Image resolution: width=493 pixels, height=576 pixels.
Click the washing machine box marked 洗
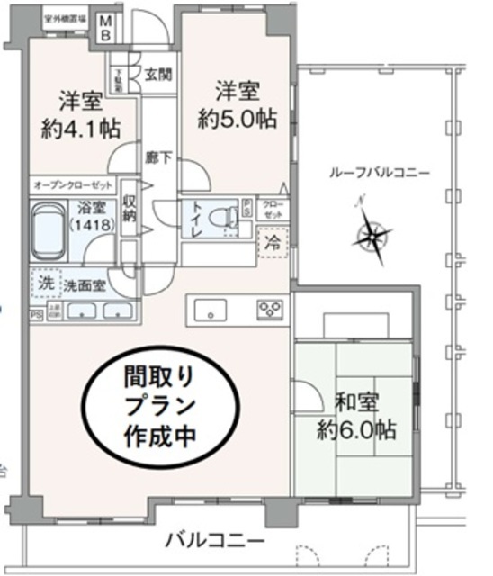pos(46,282)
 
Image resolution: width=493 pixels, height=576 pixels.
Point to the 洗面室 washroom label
pos(84,286)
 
